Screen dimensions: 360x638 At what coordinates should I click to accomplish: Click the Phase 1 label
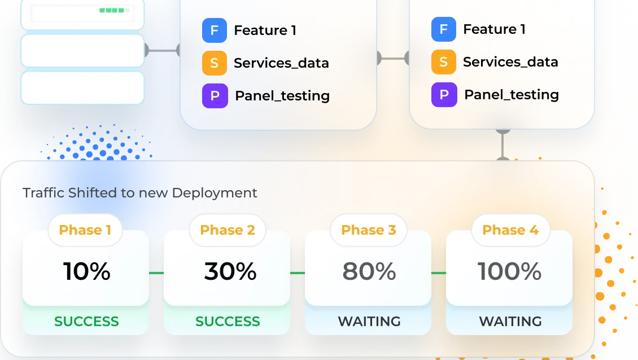pos(85,230)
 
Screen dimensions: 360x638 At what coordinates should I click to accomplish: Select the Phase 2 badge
pos(228,230)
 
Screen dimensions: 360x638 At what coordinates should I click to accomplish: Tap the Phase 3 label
pos(369,230)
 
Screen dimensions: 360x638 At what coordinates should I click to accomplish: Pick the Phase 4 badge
pos(510,230)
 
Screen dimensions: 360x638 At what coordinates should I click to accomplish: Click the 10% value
pos(86,271)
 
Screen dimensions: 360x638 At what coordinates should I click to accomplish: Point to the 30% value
pos(230,271)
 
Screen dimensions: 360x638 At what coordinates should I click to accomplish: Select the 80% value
pos(369,271)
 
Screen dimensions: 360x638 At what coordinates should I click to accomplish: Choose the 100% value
pos(510,271)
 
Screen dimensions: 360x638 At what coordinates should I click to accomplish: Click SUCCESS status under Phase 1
pos(86,322)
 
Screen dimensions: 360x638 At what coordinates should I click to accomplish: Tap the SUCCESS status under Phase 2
pos(228,322)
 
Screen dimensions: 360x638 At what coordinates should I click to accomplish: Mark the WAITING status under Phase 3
pos(369,322)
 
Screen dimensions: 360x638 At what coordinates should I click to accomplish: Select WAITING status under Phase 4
pos(510,322)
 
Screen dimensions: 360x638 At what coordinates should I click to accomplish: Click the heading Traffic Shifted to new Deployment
pos(140,193)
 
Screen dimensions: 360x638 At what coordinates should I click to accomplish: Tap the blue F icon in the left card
pos(215,30)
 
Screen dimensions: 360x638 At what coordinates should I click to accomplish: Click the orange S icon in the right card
pos(444,62)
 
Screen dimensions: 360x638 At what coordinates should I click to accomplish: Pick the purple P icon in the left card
pos(215,96)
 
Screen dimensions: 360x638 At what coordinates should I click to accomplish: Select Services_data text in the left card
pos(281,63)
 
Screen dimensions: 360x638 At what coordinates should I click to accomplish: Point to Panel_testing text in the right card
pos(512,95)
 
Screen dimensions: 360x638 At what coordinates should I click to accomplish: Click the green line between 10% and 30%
pos(156,273)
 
